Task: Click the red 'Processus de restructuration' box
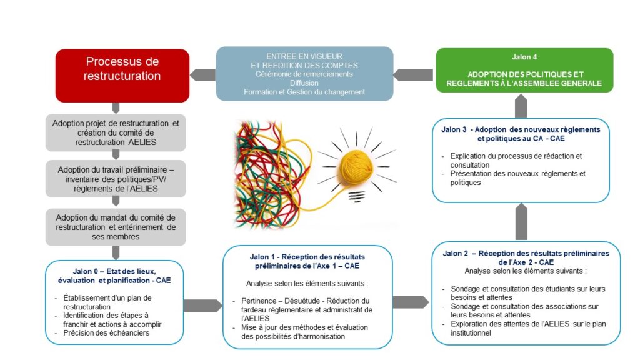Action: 122,75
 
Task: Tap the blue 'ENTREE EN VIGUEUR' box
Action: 304,73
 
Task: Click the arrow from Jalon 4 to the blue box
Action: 414,74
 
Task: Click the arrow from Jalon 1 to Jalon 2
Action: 410,302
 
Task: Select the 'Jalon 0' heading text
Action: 115,276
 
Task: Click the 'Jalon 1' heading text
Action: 307,261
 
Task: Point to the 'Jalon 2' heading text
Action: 526,257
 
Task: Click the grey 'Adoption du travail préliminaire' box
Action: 116,179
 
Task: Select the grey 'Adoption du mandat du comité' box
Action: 116,227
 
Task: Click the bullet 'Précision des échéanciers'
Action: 107,332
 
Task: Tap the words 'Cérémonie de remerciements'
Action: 304,74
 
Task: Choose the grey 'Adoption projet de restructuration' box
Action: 116,132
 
